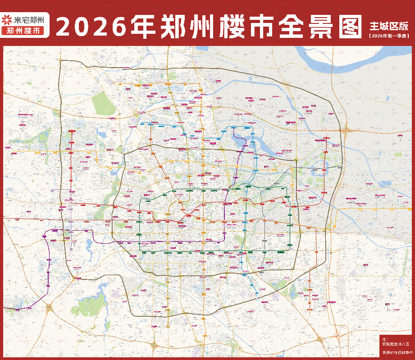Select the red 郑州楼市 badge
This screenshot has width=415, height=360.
click(x=26, y=31)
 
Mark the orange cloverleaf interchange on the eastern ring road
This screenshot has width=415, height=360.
click(x=347, y=131)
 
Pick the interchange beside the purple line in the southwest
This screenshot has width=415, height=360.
click(x=49, y=309)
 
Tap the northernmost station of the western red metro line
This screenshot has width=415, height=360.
click(x=71, y=131)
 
